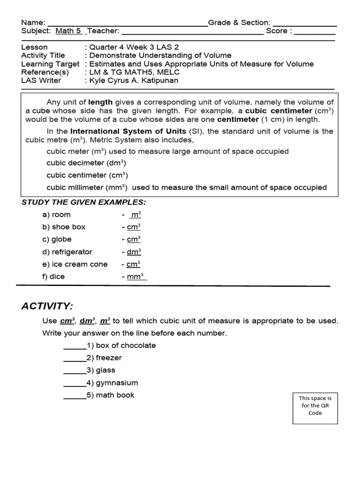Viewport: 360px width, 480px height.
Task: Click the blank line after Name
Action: [127, 24]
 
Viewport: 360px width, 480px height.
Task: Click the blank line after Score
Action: [315, 33]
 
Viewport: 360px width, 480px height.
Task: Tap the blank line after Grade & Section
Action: [305, 24]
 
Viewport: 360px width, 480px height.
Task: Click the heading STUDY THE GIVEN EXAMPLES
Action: [84, 202]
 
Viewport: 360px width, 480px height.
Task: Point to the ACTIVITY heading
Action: [47, 306]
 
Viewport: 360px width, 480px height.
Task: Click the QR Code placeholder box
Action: [315, 405]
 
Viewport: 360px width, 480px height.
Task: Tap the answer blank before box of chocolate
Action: [75, 347]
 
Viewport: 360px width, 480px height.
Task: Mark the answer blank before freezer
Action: [75, 359]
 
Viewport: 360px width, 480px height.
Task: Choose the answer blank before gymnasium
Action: [75, 384]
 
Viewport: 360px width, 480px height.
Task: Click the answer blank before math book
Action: [75, 397]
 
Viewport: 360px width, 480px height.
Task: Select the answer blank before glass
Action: [75, 372]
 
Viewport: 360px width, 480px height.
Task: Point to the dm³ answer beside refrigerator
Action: [134, 252]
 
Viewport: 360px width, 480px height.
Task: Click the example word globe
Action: [61, 239]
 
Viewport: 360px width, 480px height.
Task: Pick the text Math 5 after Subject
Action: [69, 31]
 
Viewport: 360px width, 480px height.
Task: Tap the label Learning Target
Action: [51, 64]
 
